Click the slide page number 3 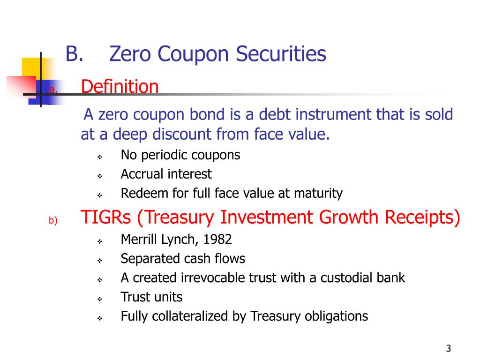[449, 348]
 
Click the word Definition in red [120, 87]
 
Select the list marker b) [52, 221]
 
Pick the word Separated [145, 258]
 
